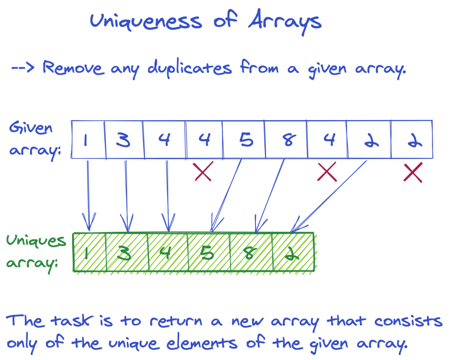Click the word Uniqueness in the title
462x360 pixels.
[x=146, y=22]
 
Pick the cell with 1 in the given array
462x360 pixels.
[x=88, y=139]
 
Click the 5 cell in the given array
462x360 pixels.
[x=244, y=139]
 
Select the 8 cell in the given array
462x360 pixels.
[x=286, y=139]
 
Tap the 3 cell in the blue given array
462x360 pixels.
[x=124, y=139]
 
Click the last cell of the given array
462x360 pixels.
[x=412, y=139]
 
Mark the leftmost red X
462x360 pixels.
[x=203, y=172]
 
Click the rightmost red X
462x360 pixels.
[x=413, y=172]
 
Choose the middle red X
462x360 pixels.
[x=326, y=172]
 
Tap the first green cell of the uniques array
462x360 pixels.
[x=89, y=253]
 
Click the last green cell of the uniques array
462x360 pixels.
[x=294, y=253]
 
